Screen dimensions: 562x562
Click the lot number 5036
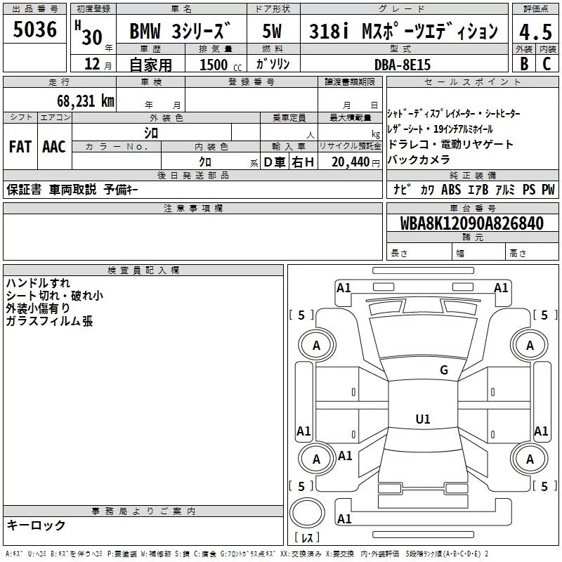click(x=35, y=31)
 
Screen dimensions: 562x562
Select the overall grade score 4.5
click(x=535, y=31)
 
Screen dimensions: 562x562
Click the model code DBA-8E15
click(x=402, y=65)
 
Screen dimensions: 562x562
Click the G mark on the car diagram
click(x=444, y=370)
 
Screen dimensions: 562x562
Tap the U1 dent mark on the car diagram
click(x=423, y=419)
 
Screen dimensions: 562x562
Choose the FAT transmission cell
click(x=20, y=147)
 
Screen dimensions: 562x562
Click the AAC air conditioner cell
click(x=53, y=147)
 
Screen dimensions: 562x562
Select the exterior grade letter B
click(x=524, y=64)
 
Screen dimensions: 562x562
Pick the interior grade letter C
click(x=547, y=64)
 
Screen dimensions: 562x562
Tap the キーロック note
click(x=36, y=525)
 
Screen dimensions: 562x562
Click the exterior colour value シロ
click(x=151, y=132)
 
